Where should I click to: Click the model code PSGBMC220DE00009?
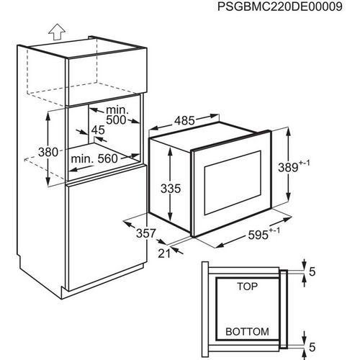tap(280, 6)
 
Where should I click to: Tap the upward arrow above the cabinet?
tap(57, 32)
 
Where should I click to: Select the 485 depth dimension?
tap(184, 120)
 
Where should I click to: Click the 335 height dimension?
tap(171, 189)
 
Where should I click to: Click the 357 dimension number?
tap(146, 233)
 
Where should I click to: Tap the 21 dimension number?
tap(164, 253)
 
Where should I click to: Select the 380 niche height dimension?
tap(48, 152)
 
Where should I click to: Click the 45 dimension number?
tap(98, 130)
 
